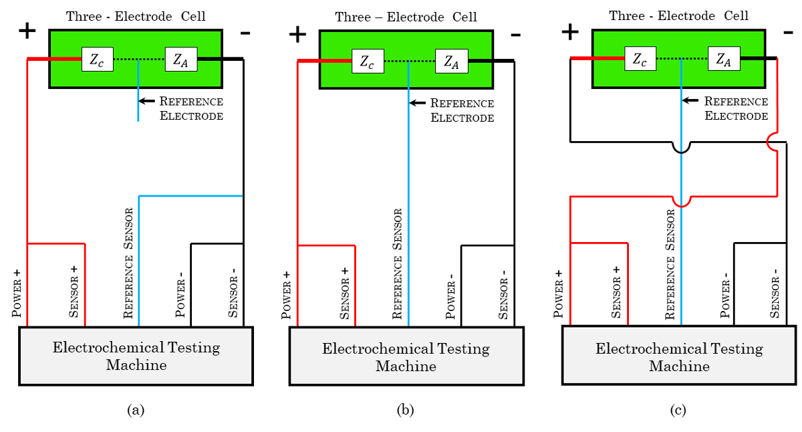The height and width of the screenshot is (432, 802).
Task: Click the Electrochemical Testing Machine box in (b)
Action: [x=406, y=357]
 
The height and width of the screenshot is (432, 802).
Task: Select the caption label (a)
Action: [x=136, y=410]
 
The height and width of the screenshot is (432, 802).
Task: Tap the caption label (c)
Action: [x=679, y=410]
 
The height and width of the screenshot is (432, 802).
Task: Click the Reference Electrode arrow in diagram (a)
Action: [x=146, y=102]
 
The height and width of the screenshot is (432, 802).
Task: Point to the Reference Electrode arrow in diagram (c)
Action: [x=691, y=102]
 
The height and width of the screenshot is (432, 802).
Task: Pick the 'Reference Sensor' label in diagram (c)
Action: [x=671, y=265]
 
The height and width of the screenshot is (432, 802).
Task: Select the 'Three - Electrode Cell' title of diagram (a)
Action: [x=136, y=16]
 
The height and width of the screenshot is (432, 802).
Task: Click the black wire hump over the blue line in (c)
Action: [x=681, y=146]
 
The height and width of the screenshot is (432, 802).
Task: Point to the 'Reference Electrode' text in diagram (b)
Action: [x=462, y=110]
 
